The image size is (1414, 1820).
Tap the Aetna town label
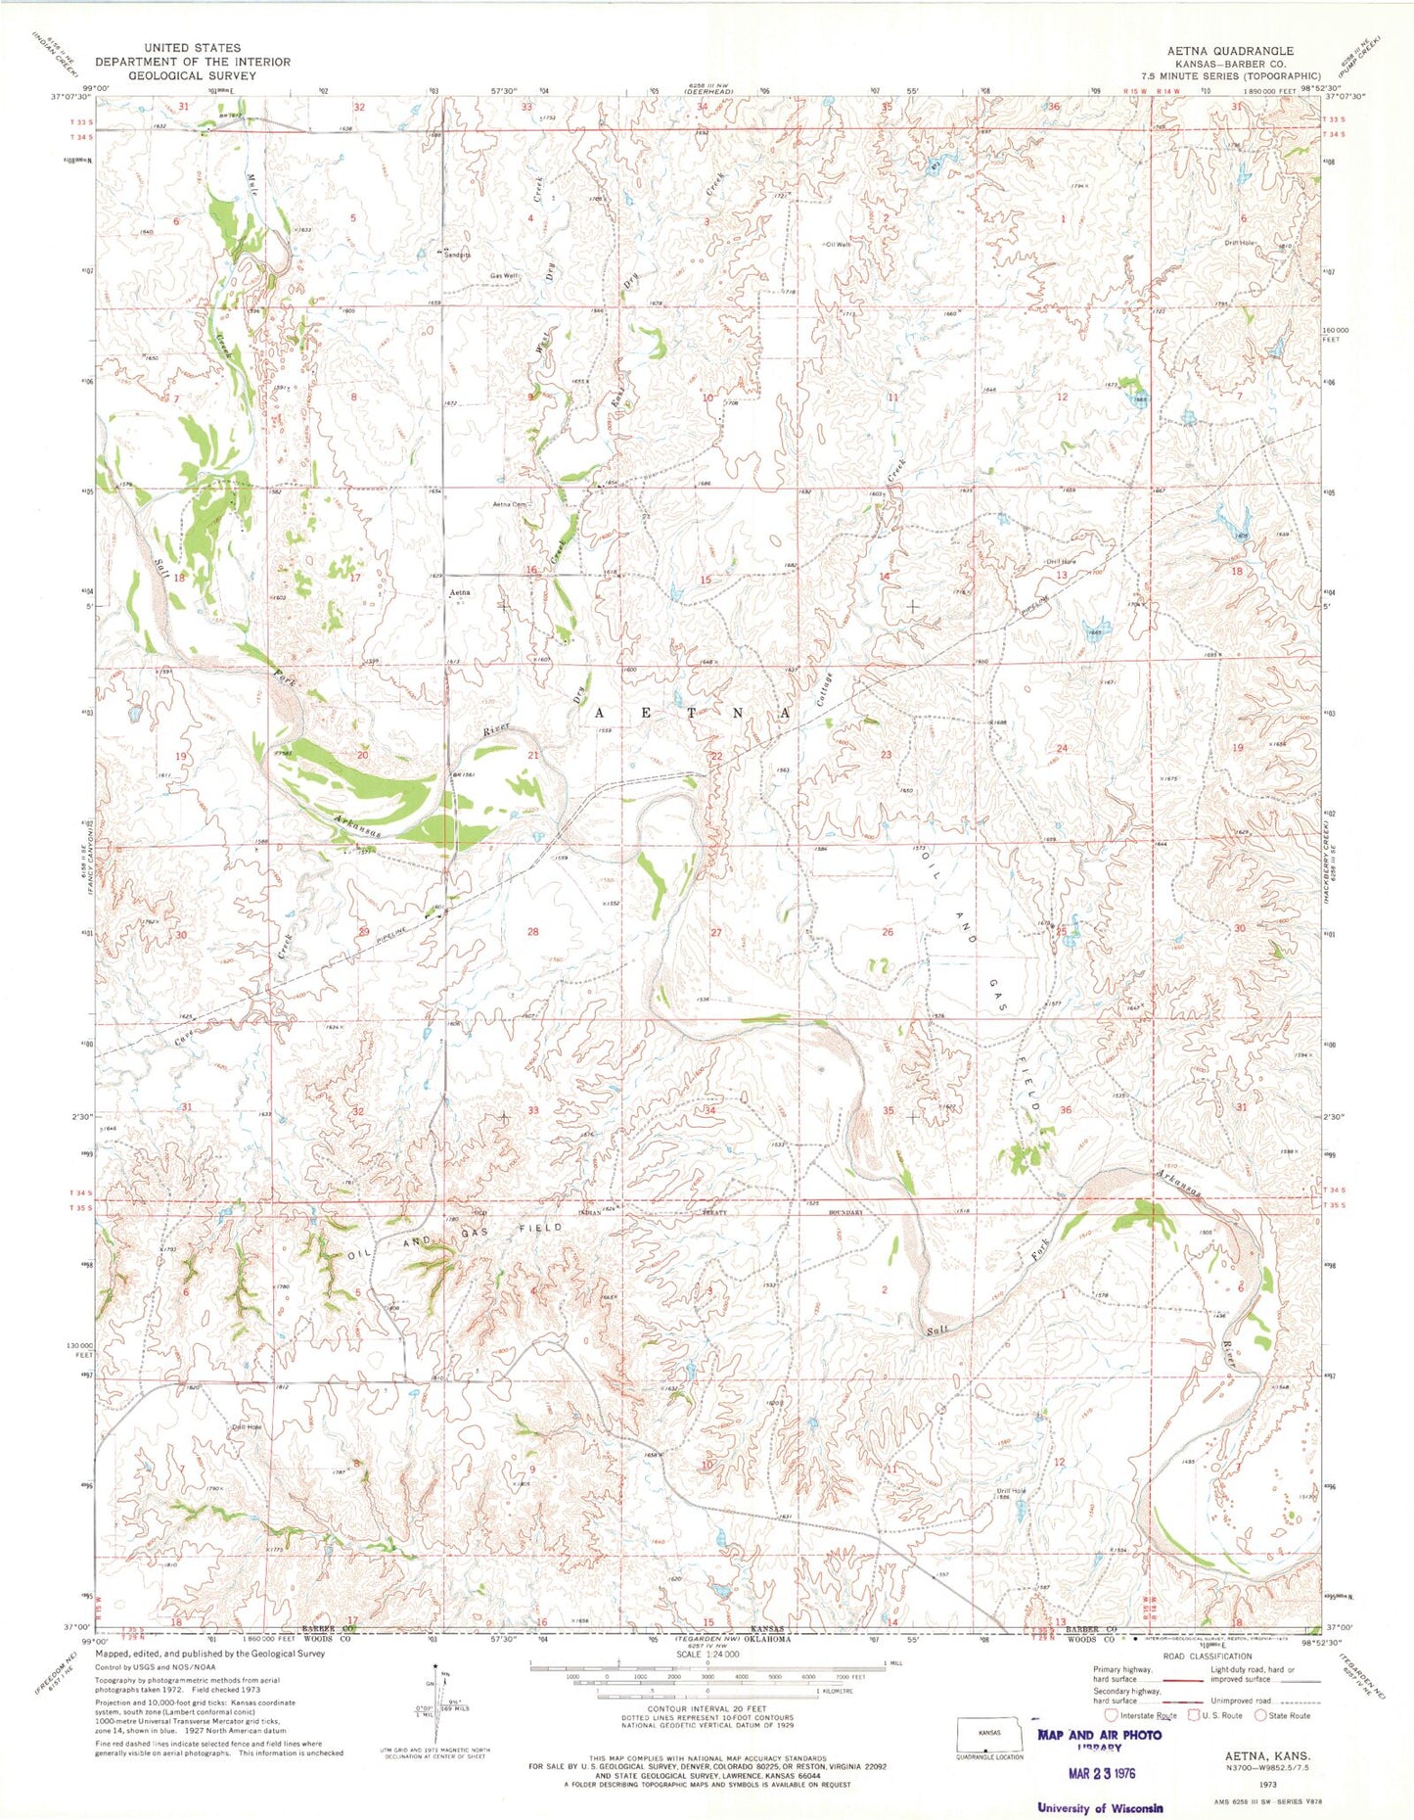(x=460, y=592)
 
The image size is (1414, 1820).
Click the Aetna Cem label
(x=509, y=505)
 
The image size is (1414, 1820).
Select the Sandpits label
(x=457, y=255)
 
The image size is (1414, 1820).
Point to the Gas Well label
(x=503, y=276)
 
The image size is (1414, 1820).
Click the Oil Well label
(x=836, y=245)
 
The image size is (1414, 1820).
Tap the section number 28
(x=533, y=931)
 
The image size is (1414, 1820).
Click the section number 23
(x=887, y=754)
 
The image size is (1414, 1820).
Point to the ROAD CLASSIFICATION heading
(x=1206, y=1657)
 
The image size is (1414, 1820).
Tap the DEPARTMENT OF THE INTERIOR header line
(x=193, y=62)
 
